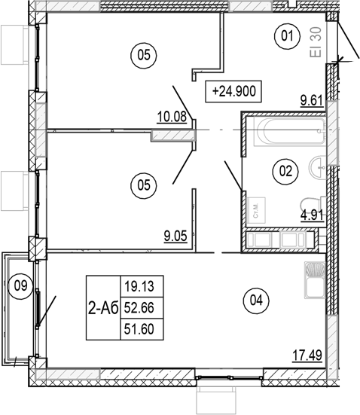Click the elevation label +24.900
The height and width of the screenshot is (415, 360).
(235, 92)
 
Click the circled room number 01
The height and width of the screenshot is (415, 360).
(285, 36)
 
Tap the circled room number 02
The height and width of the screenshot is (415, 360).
(285, 171)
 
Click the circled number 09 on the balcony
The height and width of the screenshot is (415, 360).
(21, 285)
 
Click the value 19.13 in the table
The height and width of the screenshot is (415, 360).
(142, 286)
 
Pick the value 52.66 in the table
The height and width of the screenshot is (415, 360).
(142, 308)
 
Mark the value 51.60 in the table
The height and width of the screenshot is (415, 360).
(142, 329)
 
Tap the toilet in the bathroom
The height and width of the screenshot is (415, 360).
(311, 204)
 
